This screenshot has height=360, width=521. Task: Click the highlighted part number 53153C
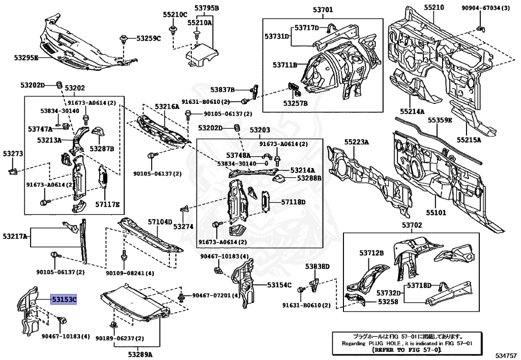(x=64, y=299)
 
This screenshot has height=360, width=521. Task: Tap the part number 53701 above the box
(x=323, y=10)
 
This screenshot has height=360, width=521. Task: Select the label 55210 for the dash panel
(x=434, y=7)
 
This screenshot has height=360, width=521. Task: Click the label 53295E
(x=26, y=58)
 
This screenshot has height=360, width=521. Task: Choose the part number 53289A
(x=140, y=354)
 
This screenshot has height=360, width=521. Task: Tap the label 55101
(x=436, y=212)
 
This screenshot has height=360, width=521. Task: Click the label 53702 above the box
(x=412, y=225)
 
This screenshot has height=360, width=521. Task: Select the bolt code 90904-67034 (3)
(x=485, y=8)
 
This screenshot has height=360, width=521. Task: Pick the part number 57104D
(x=160, y=221)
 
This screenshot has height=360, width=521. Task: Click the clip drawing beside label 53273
(x=12, y=171)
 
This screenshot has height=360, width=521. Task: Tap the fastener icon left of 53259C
(x=124, y=39)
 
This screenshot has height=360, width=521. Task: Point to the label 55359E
(x=440, y=120)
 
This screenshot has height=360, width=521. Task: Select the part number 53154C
(x=279, y=285)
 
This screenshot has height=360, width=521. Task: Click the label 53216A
(x=167, y=107)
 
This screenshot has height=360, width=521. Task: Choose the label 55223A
(x=357, y=142)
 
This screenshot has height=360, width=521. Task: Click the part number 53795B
(x=207, y=8)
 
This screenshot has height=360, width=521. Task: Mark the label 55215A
(x=469, y=140)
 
